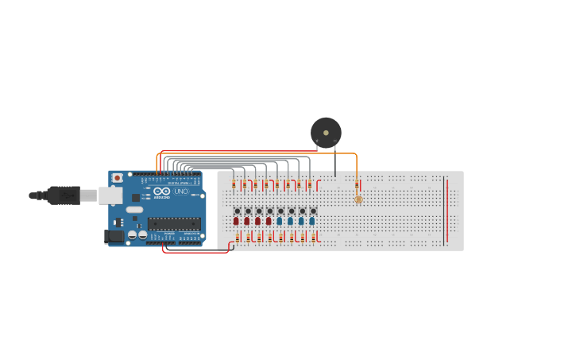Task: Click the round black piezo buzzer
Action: [x=326, y=132]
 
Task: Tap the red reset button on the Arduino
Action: [x=118, y=178]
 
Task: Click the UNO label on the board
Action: [x=181, y=192]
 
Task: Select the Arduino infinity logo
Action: [x=161, y=192]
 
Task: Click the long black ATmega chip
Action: [x=173, y=223]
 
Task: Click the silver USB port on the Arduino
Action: [x=110, y=195]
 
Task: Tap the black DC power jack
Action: [x=114, y=236]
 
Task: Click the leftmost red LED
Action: [x=236, y=221]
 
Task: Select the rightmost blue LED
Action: [x=312, y=221]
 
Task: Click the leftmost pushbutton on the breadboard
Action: [x=237, y=211]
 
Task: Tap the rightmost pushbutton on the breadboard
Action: [x=313, y=211]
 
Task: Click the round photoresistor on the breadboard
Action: [x=358, y=199]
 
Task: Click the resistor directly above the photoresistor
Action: [x=358, y=185]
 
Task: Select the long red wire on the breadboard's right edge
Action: [x=446, y=210]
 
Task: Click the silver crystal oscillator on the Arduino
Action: [x=134, y=210]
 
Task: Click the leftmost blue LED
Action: [x=280, y=221]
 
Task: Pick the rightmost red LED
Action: [x=269, y=221]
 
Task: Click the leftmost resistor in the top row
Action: [x=234, y=185]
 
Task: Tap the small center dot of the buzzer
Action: [x=326, y=132]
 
